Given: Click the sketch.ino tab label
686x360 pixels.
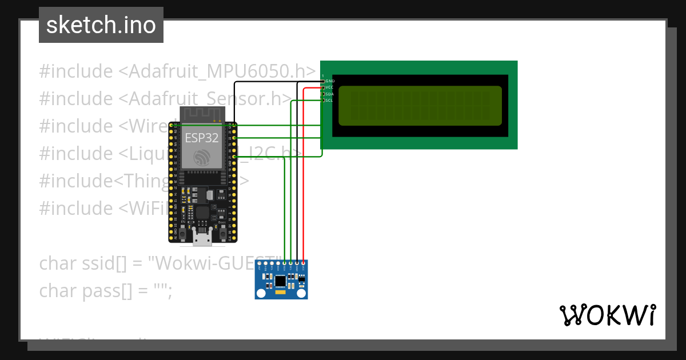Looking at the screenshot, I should click(101, 26).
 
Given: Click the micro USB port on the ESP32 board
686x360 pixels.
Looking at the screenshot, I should click(201, 238).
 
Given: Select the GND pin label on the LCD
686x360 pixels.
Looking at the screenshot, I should click(330, 81).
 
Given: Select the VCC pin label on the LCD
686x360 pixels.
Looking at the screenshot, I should click(330, 87).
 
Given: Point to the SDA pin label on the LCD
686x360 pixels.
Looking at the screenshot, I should click(330, 94).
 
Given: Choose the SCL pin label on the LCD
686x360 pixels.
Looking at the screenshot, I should click(330, 100).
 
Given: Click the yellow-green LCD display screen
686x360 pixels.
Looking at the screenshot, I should click(420, 106).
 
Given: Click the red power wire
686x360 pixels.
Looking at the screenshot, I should click(304, 171).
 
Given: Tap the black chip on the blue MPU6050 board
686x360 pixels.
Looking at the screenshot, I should click(280, 281).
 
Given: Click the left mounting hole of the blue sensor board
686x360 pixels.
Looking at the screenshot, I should click(261, 293).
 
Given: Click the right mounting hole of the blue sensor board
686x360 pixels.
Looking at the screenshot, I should click(301, 293).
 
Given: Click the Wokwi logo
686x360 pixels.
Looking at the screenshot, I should click(608, 315).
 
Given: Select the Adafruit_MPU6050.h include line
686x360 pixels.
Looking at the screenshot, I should click(177, 71).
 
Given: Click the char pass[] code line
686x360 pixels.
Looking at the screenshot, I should click(105, 290).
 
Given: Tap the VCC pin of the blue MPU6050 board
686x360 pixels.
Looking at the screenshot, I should click(304, 264).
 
